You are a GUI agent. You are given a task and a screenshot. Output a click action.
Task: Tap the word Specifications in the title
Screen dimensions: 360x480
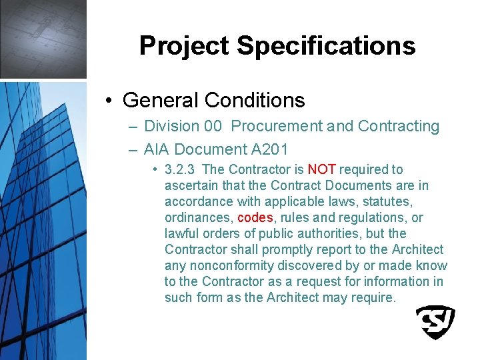(x=326, y=46)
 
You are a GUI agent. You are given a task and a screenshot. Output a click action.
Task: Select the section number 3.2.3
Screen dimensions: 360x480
(x=181, y=170)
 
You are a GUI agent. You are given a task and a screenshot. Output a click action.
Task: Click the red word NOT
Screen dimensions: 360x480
(x=321, y=170)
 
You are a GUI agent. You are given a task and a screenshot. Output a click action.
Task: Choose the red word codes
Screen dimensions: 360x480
(x=255, y=218)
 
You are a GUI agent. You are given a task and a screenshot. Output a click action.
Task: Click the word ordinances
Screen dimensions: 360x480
(x=198, y=218)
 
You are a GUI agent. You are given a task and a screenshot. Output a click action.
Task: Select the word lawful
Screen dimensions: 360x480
(x=181, y=234)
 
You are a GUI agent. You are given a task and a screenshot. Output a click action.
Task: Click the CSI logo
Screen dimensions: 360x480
(x=435, y=322)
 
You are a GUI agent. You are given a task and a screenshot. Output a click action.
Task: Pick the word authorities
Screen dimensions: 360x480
(x=341, y=234)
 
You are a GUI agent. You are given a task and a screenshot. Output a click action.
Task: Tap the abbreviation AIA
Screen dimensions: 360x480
(x=157, y=149)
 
